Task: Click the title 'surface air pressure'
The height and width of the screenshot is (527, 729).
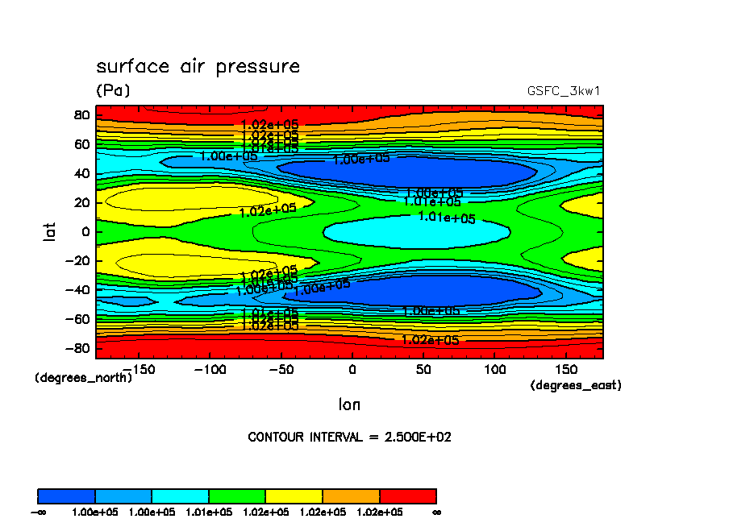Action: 198,67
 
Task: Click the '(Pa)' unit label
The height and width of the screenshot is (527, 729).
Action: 113,91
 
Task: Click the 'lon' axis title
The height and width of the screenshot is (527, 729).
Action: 349,404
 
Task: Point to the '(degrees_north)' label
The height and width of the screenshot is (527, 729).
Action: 83,377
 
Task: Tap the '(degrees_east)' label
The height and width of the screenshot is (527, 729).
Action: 576,386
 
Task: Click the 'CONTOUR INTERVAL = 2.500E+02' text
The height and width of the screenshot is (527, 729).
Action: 349,438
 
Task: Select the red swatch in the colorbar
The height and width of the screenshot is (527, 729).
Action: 407,496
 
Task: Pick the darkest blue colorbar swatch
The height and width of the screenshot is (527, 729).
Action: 67,496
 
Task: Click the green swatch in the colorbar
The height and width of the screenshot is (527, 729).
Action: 237,496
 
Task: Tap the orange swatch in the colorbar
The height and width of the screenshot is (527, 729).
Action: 351,496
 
